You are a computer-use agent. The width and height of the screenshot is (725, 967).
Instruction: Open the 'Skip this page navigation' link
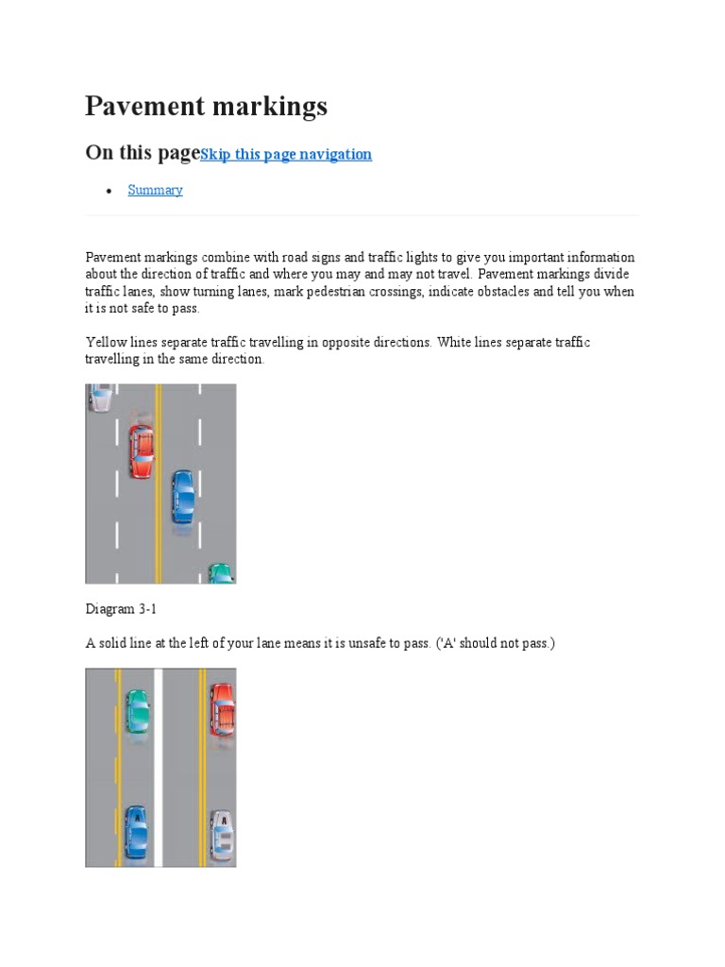point(286,154)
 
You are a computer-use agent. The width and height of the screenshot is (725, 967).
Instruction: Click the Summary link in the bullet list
point(155,190)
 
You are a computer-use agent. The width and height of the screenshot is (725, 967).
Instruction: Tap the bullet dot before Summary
point(110,191)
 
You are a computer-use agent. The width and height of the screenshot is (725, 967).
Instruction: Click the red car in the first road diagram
point(141,450)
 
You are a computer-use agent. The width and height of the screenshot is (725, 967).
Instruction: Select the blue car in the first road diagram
point(183,496)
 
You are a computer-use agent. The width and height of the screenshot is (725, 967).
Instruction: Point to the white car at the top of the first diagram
point(101,397)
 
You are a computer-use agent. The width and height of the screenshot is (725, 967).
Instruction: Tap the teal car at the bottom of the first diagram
point(221,573)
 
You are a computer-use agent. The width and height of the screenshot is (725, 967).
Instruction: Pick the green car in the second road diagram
point(138,711)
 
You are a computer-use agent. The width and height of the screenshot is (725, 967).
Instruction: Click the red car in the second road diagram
point(222,710)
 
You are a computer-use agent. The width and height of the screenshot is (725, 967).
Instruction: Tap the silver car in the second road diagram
point(222,836)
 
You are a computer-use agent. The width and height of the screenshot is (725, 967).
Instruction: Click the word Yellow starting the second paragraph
point(106,342)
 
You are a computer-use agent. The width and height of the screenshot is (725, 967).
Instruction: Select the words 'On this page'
point(143,153)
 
